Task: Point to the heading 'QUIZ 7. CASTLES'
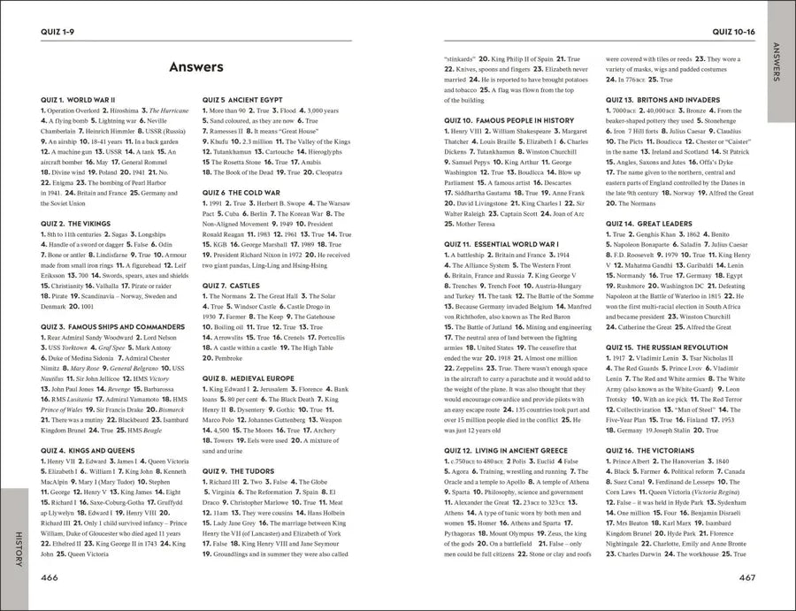[x=234, y=286]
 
